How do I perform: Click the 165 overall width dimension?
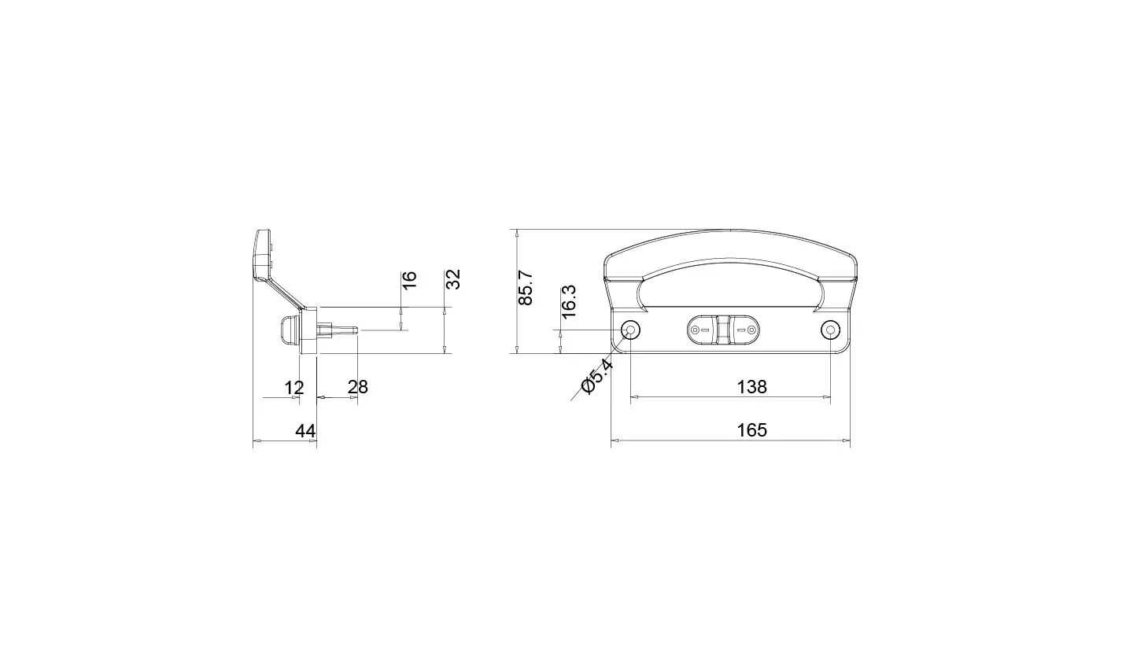tap(752, 430)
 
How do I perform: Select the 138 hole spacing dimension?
tap(752, 387)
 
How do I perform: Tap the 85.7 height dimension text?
tap(526, 288)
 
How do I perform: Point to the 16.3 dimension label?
tap(569, 301)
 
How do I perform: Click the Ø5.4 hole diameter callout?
tap(596, 377)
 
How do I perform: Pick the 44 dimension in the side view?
tap(305, 431)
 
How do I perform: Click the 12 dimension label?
tap(294, 388)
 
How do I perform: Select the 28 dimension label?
tap(358, 387)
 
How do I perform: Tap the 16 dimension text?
tap(409, 280)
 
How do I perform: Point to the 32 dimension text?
tap(453, 279)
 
